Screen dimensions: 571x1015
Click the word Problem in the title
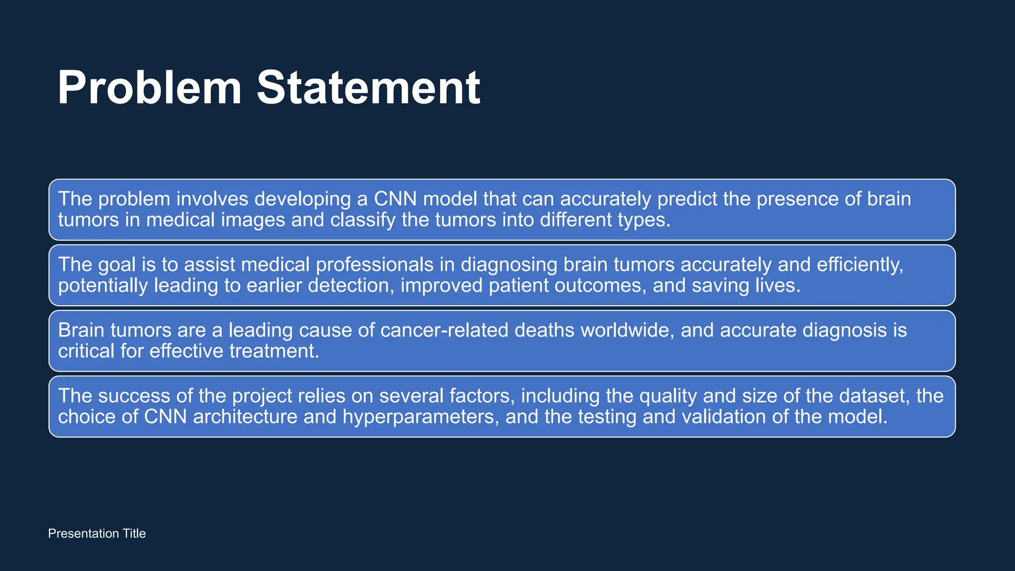(x=149, y=88)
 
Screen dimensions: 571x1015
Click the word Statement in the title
(x=368, y=88)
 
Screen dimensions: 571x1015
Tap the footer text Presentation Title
(x=97, y=533)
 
